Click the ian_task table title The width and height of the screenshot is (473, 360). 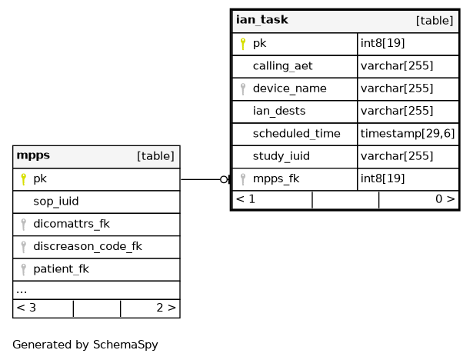[x=261, y=20]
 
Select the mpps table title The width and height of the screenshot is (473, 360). [x=33, y=155]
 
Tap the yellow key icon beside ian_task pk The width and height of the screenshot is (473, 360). [x=243, y=44]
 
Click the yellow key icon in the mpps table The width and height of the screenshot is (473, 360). [x=24, y=179]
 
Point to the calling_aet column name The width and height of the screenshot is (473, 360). [x=283, y=66]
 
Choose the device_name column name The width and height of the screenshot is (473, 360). [x=290, y=88]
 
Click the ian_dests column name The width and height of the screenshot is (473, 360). [x=279, y=112]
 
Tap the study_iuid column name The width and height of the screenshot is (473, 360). [x=281, y=156]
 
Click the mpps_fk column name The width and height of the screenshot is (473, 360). [x=276, y=179]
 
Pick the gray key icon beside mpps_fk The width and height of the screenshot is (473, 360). [x=243, y=179]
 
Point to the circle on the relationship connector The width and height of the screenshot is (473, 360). [x=224, y=179]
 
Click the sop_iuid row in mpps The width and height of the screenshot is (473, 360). [x=97, y=202]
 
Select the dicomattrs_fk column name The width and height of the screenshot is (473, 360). [x=72, y=224]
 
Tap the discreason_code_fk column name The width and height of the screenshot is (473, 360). [x=88, y=247]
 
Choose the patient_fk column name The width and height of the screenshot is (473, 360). [x=62, y=269]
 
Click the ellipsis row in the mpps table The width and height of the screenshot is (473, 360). [x=97, y=290]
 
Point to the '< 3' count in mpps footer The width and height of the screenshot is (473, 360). [x=26, y=308]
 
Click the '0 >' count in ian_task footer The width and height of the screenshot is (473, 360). [x=445, y=199]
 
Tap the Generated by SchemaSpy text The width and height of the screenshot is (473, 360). [x=85, y=345]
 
